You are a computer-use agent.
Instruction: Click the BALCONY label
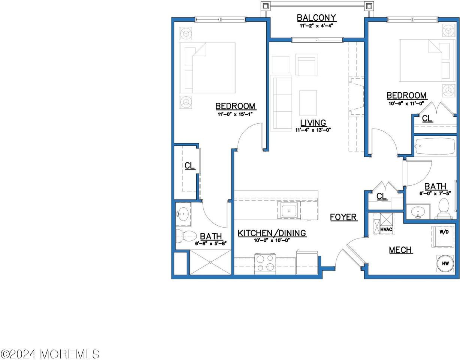click(x=317, y=18)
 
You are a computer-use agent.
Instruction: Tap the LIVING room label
click(x=313, y=123)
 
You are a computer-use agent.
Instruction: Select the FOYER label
click(x=344, y=217)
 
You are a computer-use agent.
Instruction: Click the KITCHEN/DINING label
click(x=272, y=233)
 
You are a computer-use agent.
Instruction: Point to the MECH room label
click(x=400, y=250)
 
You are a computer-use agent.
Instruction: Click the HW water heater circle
click(x=445, y=263)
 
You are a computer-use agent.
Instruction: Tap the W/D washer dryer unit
click(x=443, y=237)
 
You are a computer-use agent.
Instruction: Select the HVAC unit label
click(x=386, y=229)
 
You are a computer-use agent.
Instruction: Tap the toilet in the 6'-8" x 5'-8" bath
click(x=186, y=236)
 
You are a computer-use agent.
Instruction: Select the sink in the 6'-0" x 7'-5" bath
click(x=418, y=212)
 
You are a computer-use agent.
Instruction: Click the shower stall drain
click(x=211, y=262)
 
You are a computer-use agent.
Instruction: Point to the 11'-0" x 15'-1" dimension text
click(x=235, y=114)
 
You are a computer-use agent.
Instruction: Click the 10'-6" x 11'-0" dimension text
click(x=406, y=104)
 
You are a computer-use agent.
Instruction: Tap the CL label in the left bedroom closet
click(x=190, y=165)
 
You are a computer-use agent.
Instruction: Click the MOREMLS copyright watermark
click(x=49, y=354)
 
